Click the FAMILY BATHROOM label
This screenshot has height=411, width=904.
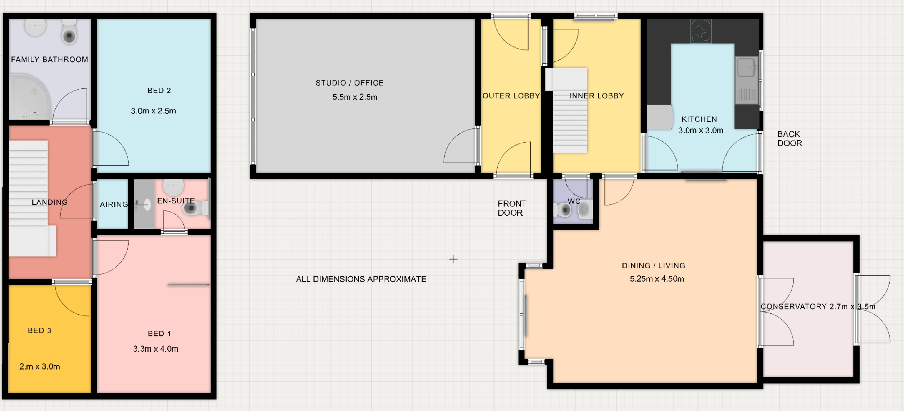pos(49,59)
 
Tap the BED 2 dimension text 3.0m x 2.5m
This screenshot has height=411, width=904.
pos(153,111)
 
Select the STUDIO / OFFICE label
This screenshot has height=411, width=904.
pos(350,83)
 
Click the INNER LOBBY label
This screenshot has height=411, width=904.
pos(596,96)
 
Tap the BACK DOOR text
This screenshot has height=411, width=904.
pos(790,138)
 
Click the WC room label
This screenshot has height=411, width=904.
pos(574,201)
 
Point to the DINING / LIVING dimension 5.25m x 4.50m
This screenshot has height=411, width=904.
pos(657,279)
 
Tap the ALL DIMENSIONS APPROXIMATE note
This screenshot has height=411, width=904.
pos(361,279)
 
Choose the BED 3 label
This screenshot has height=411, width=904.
pos(39,330)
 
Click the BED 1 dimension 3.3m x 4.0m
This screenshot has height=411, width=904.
pos(155,349)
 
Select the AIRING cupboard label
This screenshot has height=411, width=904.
pos(114,204)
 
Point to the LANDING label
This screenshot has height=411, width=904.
pos(49,202)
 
